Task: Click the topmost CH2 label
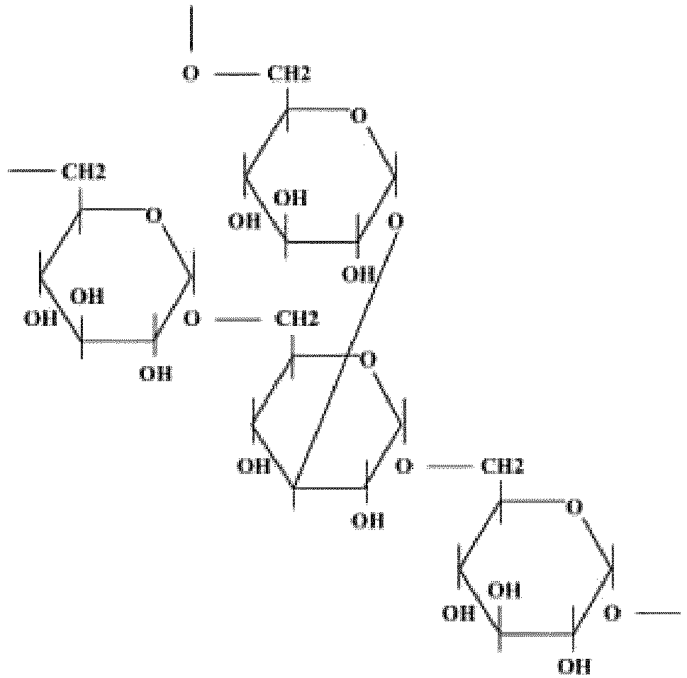(x=289, y=74)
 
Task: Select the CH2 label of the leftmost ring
(x=85, y=171)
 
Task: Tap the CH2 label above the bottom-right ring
(x=503, y=467)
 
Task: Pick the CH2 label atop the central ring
(x=297, y=320)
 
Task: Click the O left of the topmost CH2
(x=191, y=74)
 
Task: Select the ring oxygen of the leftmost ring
(x=153, y=215)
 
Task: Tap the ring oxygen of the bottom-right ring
(x=575, y=507)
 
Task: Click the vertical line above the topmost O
(x=191, y=28)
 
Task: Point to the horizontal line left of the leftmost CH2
(x=32, y=171)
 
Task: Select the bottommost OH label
(x=574, y=665)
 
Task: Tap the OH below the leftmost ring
(x=155, y=373)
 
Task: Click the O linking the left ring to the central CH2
(x=191, y=320)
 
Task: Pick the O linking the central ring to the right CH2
(x=404, y=467)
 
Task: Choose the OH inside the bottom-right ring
(x=506, y=589)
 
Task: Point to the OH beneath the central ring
(x=369, y=521)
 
